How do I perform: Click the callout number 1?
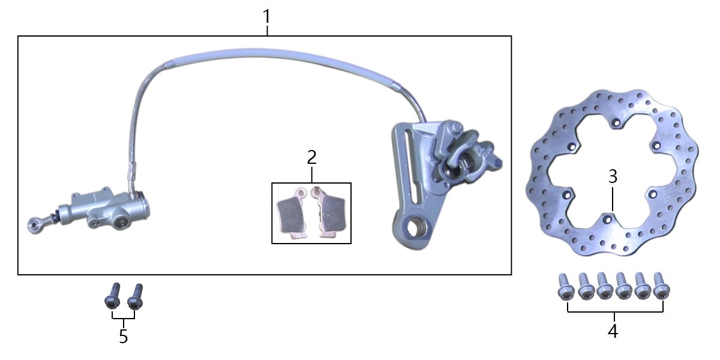coord(267,17)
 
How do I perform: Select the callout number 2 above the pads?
coord(312,157)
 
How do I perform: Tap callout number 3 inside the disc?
coord(613,177)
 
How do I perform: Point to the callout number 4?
coord(613,331)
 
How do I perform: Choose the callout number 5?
coord(124,336)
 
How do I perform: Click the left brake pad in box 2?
coord(292,213)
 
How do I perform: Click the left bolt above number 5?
coord(113,296)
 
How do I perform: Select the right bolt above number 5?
coord(136,296)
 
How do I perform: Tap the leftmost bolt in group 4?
coord(566,287)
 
